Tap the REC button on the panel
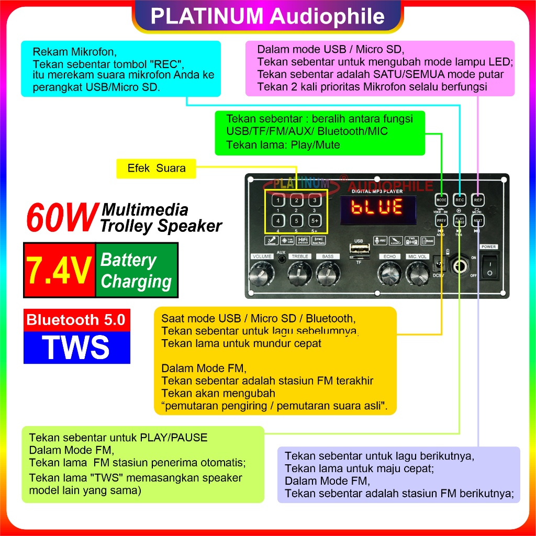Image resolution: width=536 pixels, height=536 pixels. pyautogui.click(x=460, y=200)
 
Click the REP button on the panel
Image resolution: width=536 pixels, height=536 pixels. pyautogui.click(x=477, y=200)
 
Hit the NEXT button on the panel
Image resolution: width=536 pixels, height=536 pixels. pyautogui.click(x=477, y=221)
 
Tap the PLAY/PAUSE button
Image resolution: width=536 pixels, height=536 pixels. pyautogui.click(x=460, y=221)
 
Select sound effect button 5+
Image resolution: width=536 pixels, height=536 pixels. pyautogui.click(x=314, y=221)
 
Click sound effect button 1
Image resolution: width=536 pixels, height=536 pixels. pyautogui.click(x=278, y=200)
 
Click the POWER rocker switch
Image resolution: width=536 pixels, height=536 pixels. pyautogui.click(x=489, y=266)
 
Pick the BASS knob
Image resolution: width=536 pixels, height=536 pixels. pyautogui.click(x=328, y=272)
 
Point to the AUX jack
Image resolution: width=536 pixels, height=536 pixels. pyautogui.click(x=282, y=261)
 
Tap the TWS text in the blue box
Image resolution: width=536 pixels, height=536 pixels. pyautogui.click(x=76, y=347)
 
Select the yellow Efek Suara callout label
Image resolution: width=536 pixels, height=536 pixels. pyautogui.click(x=156, y=169)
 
